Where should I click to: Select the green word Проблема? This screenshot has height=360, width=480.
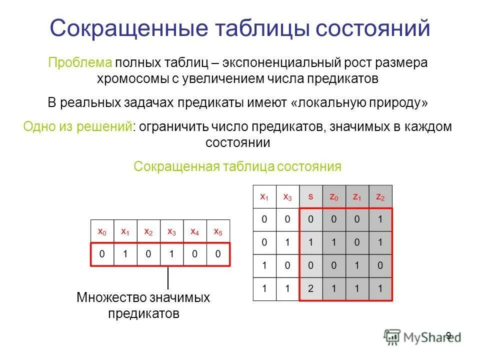[79, 63]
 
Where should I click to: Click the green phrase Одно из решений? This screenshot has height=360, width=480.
[78, 126]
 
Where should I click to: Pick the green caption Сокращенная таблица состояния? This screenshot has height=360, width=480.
[237, 166]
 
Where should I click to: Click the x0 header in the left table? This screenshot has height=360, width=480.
[102, 231]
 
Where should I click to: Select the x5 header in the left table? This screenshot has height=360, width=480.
[218, 231]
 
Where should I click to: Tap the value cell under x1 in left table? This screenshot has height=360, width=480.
[125, 254]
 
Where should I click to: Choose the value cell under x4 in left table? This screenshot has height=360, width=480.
[195, 254]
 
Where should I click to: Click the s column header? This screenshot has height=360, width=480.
[310, 197]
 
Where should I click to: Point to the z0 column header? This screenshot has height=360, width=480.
[333, 197]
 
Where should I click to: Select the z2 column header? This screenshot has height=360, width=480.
[380, 197]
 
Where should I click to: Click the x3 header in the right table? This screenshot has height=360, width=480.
[287, 197]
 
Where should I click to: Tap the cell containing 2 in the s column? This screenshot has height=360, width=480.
[310, 288]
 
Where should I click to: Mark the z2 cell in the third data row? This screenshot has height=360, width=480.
[380, 265]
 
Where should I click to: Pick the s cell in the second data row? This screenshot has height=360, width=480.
[310, 242]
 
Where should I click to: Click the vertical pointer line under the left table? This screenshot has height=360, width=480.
[168, 277]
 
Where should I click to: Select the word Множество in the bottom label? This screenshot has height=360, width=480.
[111, 298]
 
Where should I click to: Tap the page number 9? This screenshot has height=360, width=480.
[448, 335]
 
